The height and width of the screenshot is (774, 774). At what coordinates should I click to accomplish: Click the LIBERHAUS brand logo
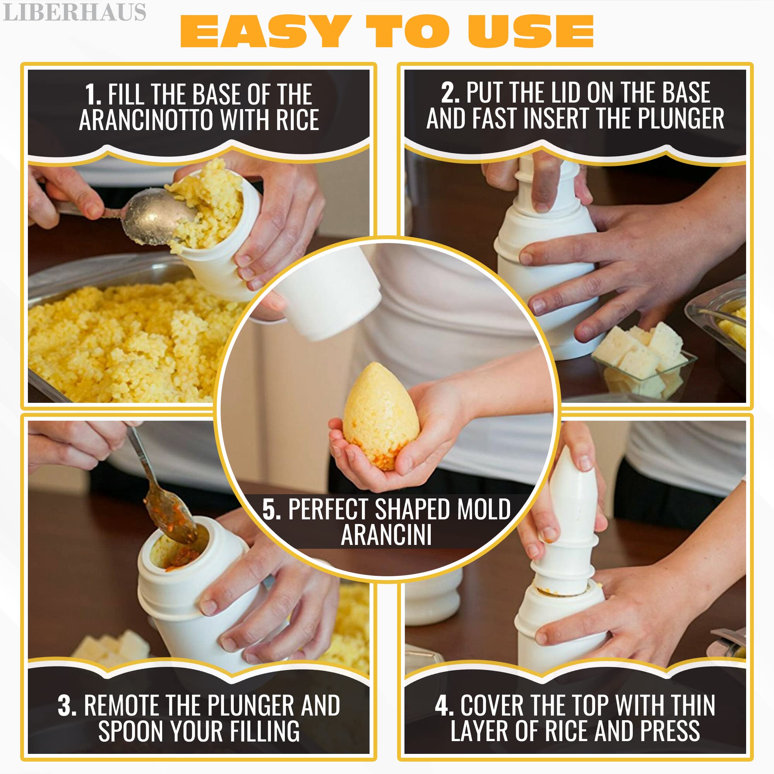75,12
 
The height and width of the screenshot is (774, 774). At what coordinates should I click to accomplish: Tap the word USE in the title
531,32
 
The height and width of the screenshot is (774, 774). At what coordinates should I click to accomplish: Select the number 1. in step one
93,94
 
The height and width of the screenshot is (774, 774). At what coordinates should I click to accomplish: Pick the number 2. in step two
450,92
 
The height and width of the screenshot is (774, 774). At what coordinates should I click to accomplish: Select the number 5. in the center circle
272,509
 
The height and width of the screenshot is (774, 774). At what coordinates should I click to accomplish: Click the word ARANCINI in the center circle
386,535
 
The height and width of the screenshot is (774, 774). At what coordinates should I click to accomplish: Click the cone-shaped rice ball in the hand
380,417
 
